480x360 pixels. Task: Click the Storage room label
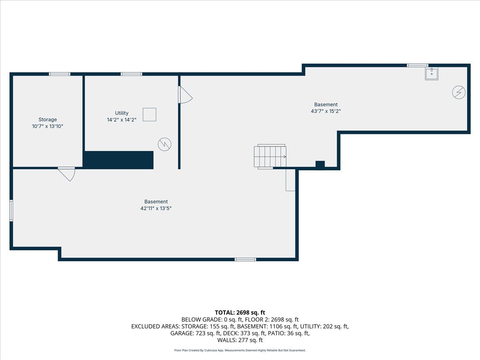48,120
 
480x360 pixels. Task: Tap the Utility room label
122,113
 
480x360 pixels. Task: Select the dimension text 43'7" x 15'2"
326,111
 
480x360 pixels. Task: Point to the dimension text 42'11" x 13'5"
156,208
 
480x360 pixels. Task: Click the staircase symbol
270,156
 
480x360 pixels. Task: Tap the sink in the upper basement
432,74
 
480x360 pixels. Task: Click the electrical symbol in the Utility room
164,144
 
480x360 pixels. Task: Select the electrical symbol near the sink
459,93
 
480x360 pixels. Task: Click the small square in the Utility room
150,114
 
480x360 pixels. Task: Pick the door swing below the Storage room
67,174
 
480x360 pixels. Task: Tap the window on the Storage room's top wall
60,74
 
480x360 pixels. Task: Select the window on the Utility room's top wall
132,74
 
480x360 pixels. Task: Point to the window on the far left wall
11,210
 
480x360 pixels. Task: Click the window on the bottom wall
245,260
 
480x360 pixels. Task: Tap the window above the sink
418,65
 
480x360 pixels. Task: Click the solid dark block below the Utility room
119,160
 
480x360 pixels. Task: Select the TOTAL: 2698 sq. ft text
240,312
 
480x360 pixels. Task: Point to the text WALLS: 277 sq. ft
240,340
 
